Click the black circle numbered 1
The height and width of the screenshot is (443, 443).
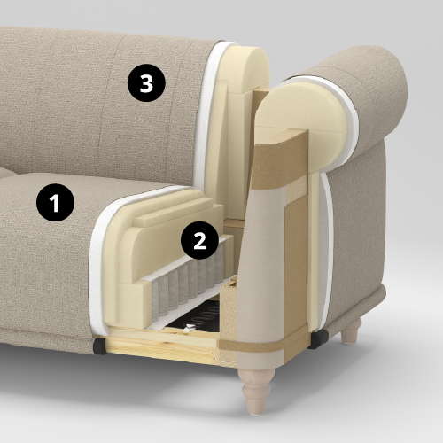55,203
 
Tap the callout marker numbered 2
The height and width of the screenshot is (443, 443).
199,241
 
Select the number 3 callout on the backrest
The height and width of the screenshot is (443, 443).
146,83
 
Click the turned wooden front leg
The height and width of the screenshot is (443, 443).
256,390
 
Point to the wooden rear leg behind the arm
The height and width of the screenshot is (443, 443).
352,331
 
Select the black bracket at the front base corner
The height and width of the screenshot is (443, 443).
99,346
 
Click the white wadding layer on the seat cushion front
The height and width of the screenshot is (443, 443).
97,266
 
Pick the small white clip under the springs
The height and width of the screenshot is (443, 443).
189,328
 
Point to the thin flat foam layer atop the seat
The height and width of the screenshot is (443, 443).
175,217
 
